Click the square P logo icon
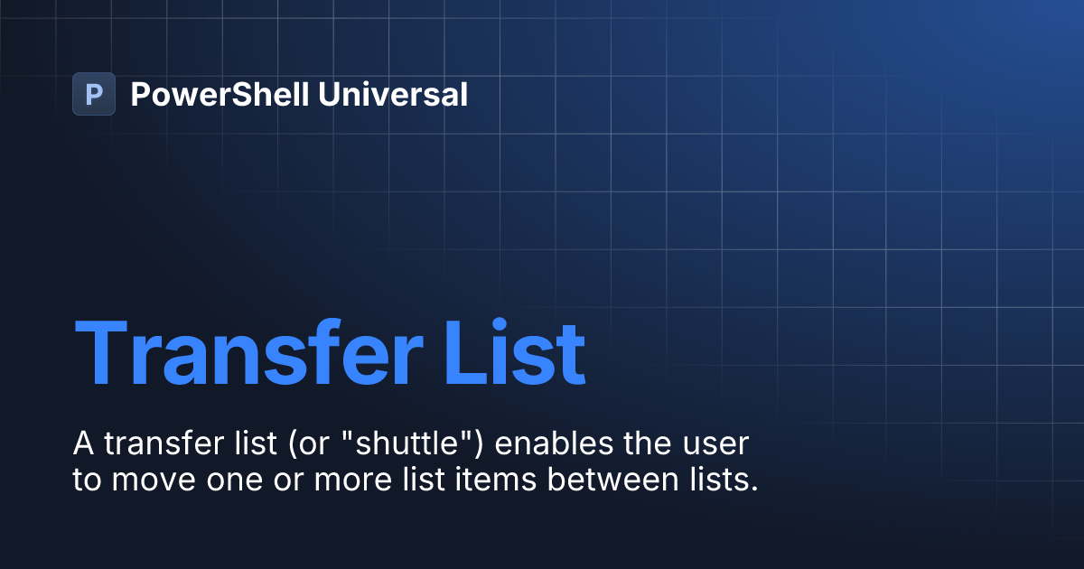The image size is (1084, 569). [94, 94]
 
